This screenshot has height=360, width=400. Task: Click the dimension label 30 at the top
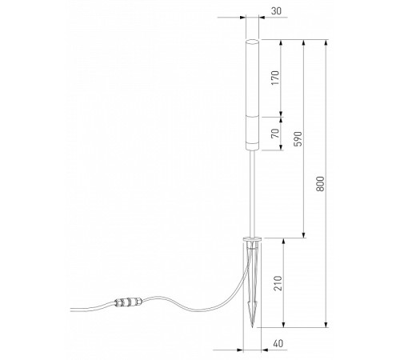(276, 11)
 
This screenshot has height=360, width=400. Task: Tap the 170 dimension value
(275, 78)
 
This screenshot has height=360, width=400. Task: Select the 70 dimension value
(275, 133)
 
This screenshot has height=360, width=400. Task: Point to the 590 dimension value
(298, 138)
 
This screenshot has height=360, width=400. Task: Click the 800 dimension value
(320, 183)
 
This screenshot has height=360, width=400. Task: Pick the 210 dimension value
(278, 283)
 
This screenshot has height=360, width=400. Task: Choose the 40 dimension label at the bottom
(278, 343)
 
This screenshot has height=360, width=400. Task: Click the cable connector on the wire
(128, 302)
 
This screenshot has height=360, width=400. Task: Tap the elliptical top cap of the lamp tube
(252, 42)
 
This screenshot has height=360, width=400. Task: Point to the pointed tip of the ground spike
(253, 327)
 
